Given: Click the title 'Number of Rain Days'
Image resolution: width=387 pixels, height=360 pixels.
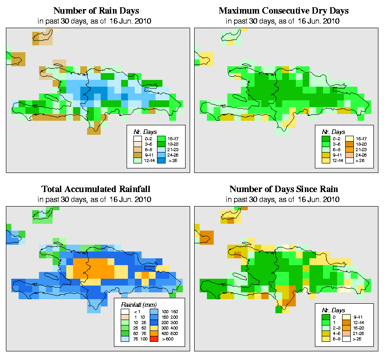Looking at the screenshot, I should point(96,10).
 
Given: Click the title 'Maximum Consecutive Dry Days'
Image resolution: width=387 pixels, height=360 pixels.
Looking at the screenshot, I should point(284,10).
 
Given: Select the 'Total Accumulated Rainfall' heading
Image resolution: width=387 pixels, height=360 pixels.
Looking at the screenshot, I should point(96,189).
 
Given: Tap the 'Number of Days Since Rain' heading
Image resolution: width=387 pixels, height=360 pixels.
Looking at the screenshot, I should point(284,189).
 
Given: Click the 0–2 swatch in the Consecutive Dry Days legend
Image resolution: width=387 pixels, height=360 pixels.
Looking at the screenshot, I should point(326,137).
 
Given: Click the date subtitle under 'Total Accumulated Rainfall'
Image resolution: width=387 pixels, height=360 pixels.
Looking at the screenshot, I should point(96,199).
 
